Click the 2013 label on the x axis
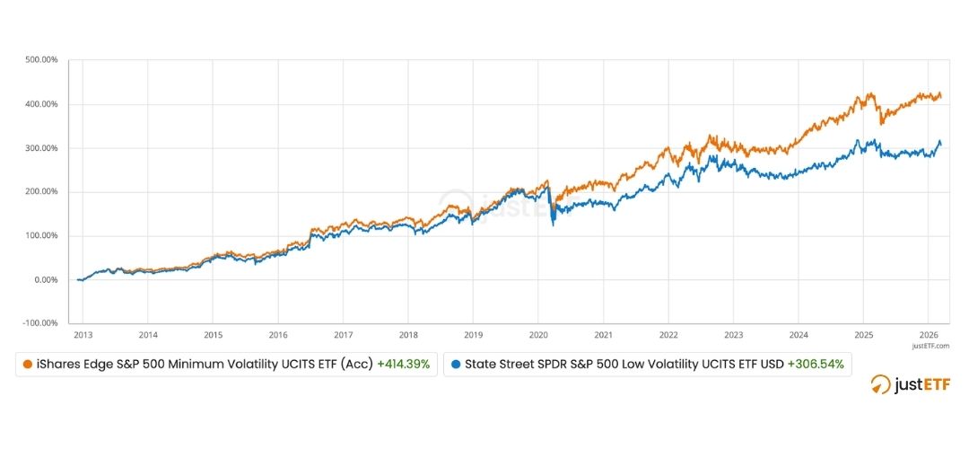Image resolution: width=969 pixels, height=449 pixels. [83, 334]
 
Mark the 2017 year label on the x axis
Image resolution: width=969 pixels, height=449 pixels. [343, 334]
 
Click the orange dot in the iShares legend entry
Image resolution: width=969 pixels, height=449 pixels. [29, 365]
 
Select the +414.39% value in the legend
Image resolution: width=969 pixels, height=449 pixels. [403, 365]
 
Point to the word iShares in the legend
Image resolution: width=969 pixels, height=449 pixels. [58, 365]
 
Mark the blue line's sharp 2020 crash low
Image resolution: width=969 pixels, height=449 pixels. [553, 225]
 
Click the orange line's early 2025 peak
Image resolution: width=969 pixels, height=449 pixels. [869, 93]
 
